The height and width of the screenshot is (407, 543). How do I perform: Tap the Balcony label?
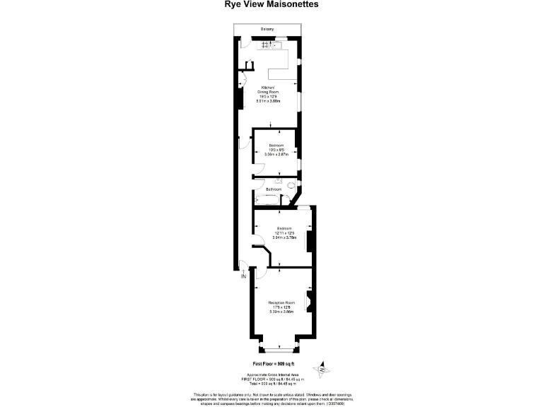(x=267, y=29)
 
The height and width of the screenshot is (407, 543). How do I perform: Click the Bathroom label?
(x=274, y=189)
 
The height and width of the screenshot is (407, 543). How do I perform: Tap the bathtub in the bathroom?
(x=267, y=200)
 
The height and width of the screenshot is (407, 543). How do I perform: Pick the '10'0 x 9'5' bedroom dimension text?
(x=276, y=149)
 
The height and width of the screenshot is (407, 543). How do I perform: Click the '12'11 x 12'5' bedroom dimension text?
(x=284, y=233)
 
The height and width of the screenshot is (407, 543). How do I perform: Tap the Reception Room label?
(x=281, y=302)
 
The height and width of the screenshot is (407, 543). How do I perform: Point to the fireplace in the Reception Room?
(x=308, y=302)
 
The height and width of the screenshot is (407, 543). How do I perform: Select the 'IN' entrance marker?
(x=244, y=277)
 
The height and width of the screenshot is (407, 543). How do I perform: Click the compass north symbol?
(x=322, y=368)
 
